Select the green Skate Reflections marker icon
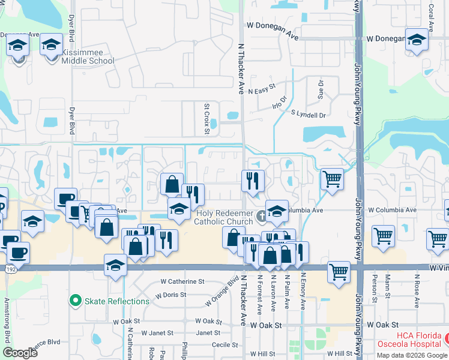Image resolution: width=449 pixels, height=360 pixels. pos(75,301)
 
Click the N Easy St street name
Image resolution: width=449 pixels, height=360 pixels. pos(260,87)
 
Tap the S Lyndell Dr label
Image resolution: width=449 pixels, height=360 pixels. pos(308,114)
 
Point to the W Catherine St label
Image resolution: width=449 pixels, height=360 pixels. pos(182,281)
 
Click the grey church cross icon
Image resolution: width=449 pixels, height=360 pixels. pos(261,215)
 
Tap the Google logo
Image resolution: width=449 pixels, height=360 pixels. pos(20,352)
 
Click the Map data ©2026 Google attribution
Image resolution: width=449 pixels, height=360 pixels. pos(412,355)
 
